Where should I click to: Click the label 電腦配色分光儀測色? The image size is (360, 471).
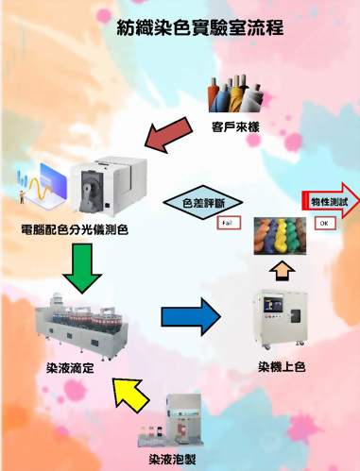(x=73, y=228)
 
